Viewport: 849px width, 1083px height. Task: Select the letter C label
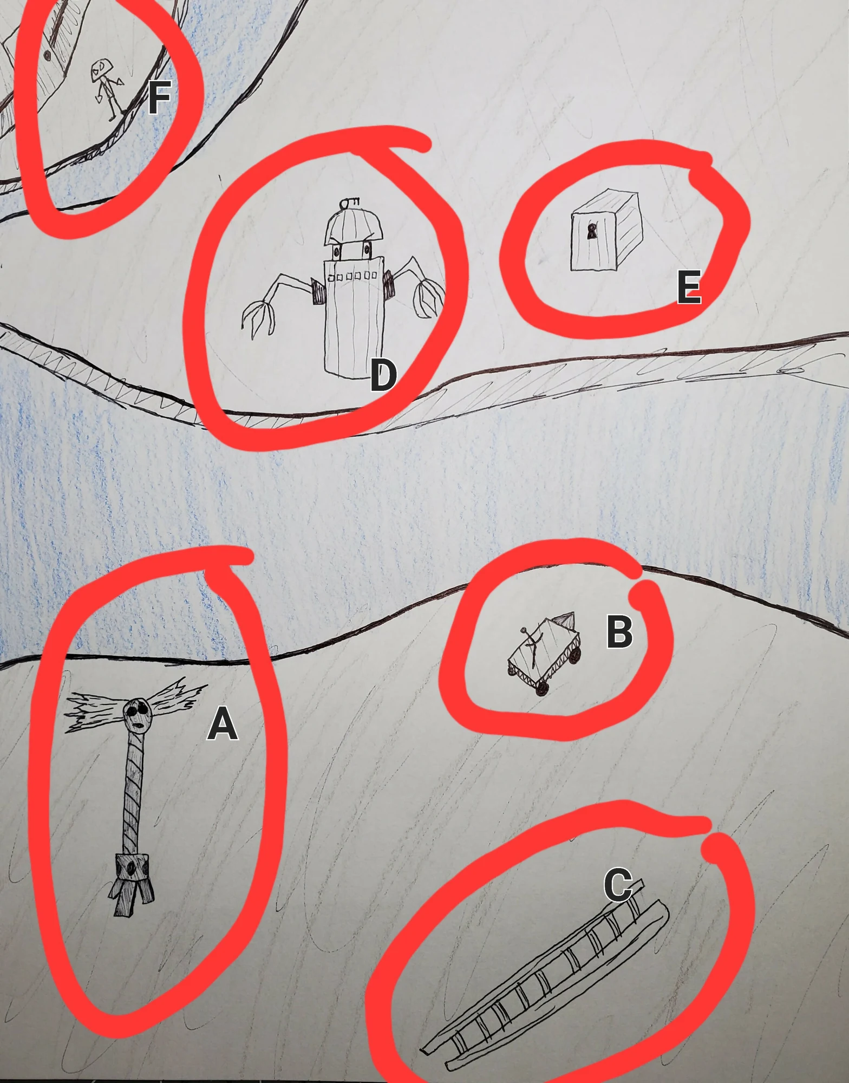click(x=618, y=884)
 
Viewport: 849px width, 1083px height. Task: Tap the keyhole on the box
click(x=592, y=232)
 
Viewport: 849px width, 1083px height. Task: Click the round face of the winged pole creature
click(x=135, y=715)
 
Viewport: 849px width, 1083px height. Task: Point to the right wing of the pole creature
click(x=175, y=697)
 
